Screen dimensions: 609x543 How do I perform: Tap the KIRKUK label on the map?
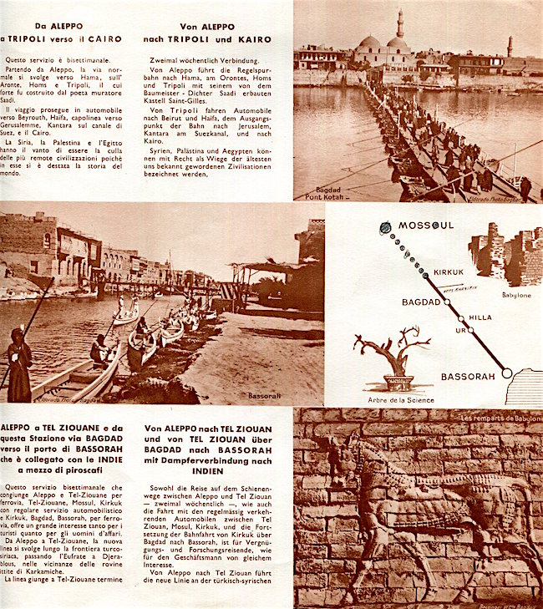448,272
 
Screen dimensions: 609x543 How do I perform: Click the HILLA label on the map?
480,317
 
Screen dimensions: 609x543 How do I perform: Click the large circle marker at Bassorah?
507,373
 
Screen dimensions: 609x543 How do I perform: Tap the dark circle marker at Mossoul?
385,227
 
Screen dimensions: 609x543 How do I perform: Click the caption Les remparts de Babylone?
499,417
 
